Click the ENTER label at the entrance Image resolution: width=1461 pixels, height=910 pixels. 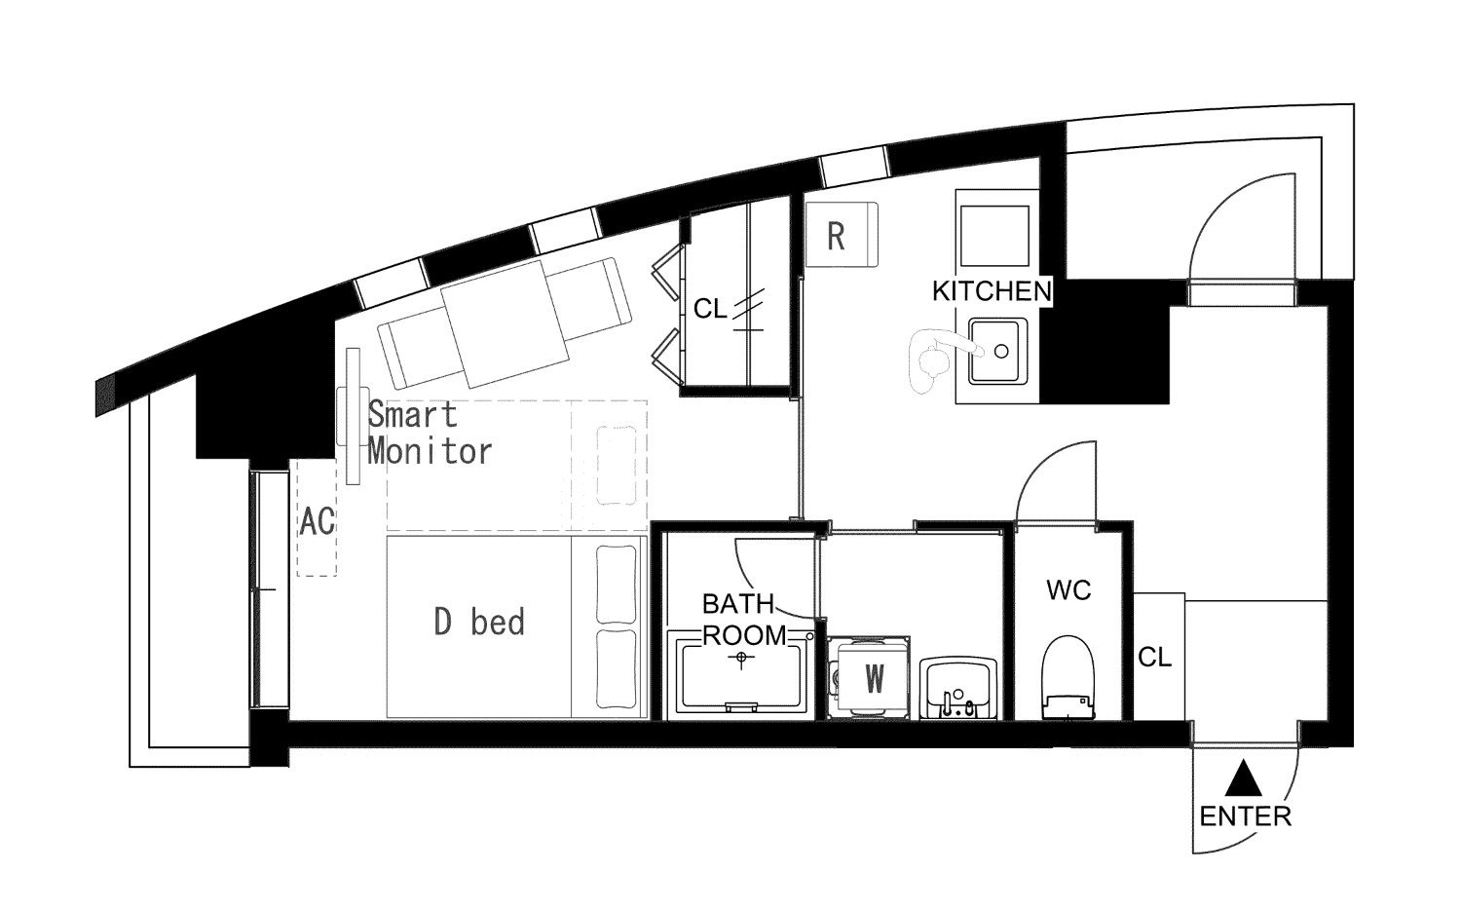(x=1245, y=816)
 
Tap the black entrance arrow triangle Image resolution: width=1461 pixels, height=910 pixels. (x=1244, y=779)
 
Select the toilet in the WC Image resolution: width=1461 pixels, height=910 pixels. (x=1068, y=677)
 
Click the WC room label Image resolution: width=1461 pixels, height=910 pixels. (x=1068, y=590)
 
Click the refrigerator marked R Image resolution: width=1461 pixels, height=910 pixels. (x=842, y=234)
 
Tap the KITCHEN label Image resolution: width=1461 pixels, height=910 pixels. (x=993, y=291)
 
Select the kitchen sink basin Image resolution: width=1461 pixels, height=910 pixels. (x=995, y=351)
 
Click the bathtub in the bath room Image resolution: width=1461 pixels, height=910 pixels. (x=741, y=674)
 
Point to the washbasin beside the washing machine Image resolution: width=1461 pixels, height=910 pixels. (x=958, y=688)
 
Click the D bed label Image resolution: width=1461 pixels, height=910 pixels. (x=479, y=622)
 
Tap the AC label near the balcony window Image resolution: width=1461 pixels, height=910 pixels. (x=317, y=521)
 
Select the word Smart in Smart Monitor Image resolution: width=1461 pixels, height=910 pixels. (x=413, y=414)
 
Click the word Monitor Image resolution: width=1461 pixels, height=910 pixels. (x=430, y=451)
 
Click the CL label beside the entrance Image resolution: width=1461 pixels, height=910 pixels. (x=1155, y=657)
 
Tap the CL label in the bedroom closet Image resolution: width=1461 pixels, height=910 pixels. (x=710, y=309)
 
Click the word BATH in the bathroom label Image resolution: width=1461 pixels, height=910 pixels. (x=737, y=604)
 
